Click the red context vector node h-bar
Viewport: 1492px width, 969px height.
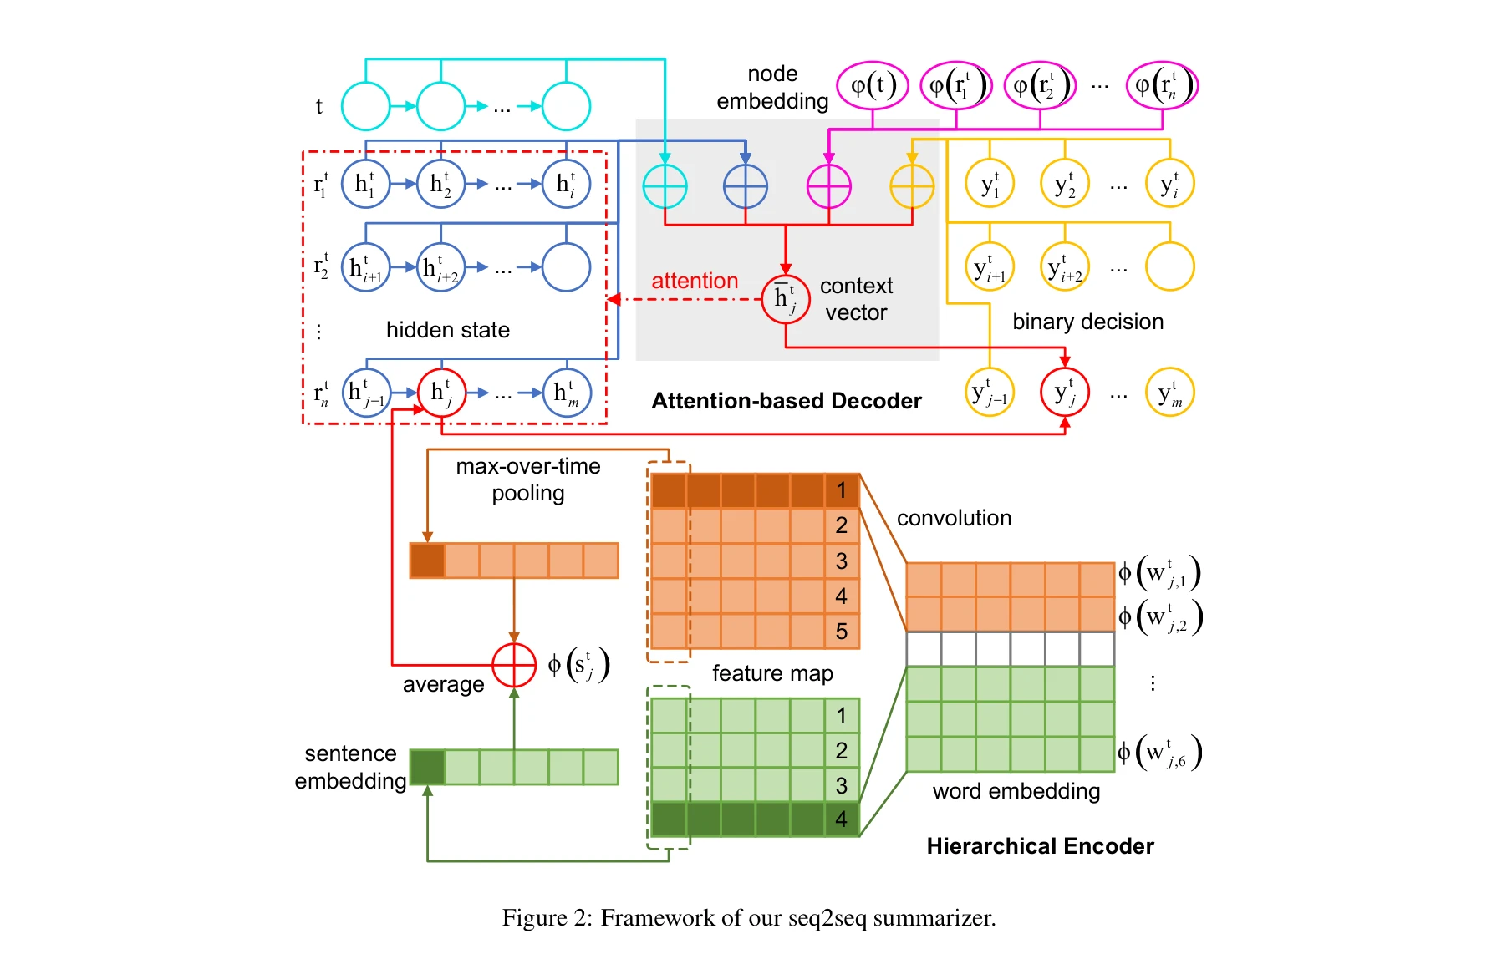coord(785,298)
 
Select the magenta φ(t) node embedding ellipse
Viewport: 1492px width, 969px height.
coord(873,85)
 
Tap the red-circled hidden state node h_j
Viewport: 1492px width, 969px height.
coord(441,392)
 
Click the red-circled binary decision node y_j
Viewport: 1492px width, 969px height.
coord(1064,392)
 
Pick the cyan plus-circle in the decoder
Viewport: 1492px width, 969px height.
coord(665,185)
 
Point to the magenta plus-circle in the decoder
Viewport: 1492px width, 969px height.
coord(828,185)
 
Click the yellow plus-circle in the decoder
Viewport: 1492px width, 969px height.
coord(911,185)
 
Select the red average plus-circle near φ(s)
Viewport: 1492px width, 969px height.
coord(513,665)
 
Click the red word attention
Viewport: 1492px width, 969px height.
coord(695,281)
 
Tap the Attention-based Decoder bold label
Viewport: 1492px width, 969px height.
coord(786,401)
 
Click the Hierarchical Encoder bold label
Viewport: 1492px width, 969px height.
coord(1039,846)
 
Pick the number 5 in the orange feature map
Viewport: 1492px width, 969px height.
coord(841,632)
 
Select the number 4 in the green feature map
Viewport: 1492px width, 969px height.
coord(841,819)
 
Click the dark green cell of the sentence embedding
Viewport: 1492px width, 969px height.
coord(427,767)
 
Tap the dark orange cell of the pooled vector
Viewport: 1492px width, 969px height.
coord(427,561)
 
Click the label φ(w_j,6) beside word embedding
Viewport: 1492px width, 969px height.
coord(1159,753)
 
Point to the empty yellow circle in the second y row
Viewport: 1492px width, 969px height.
coord(1169,266)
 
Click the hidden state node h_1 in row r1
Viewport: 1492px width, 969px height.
coord(365,184)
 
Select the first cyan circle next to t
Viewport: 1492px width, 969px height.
coord(365,106)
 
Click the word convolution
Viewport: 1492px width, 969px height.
coord(954,518)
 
